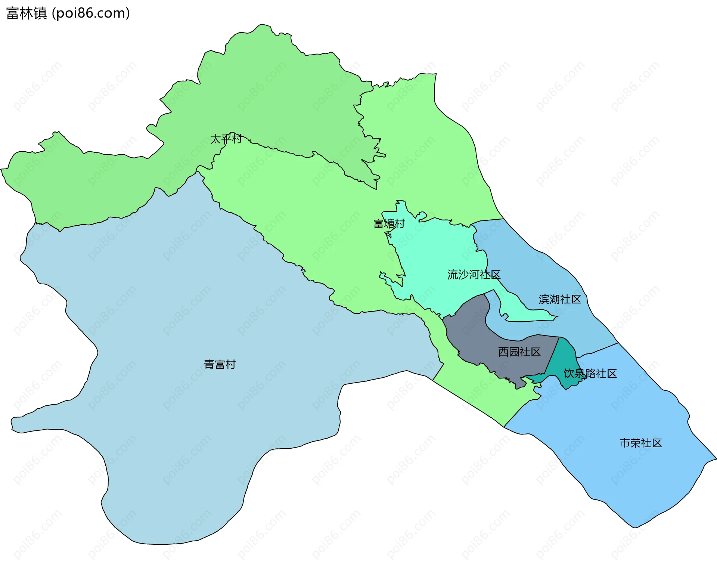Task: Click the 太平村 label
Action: [226, 139]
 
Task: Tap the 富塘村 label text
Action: [389, 224]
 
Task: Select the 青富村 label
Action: [220, 364]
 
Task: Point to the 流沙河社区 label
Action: [474, 275]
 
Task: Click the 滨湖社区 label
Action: [560, 299]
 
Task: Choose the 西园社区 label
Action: [519, 352]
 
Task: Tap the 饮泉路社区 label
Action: [590, 374]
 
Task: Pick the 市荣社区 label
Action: [640, 443]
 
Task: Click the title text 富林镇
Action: [27, 13]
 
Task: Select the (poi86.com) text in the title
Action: [91, 13]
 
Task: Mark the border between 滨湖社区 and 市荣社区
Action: [597, 350]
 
